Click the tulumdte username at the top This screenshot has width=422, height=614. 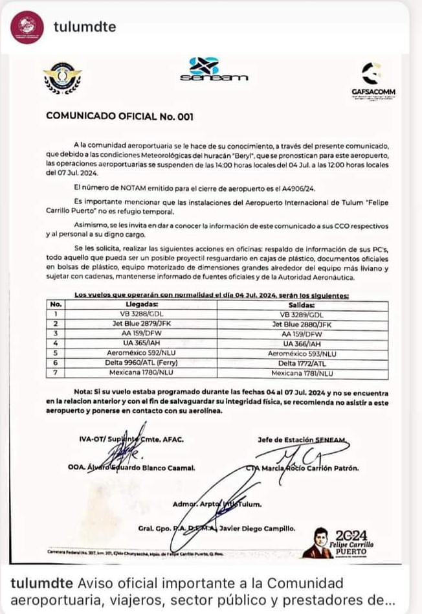tap(85, 26)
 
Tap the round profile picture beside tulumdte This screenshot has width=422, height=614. tap(27, 27)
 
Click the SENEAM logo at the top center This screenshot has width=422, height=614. tap(213, 70)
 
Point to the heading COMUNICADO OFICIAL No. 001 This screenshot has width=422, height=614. tap(120, 117)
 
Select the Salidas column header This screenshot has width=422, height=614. tap(302, 304)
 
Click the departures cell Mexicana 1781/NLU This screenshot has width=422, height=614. tap(302, 374)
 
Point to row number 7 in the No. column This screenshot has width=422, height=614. tap(56, 374)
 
